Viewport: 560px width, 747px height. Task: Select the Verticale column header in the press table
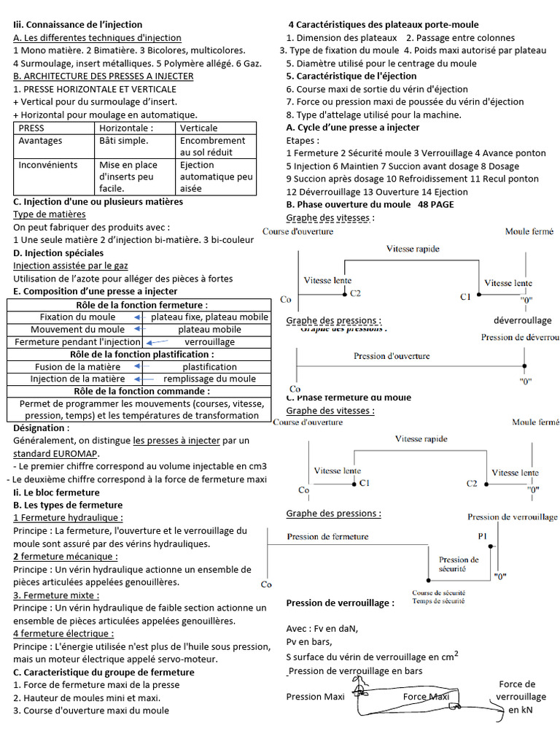[198, 128]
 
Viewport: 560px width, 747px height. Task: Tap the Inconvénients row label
[45, 165]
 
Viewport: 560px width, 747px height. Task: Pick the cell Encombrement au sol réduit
[212, 146]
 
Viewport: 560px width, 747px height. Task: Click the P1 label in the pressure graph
[483, 535]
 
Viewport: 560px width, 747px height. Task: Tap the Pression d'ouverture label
[392, 356]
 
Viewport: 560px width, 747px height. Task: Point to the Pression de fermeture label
[327, 536]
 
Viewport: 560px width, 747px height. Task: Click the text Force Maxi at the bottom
[426, 696]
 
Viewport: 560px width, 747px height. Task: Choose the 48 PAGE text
[436, 204]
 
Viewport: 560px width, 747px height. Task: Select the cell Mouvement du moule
[67, 329]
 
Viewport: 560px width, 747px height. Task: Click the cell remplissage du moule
[209, 379]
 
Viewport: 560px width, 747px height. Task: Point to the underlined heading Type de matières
[49, 214]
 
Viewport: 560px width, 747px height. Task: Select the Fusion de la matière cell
[67, 366]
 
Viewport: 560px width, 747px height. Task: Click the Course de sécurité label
[438, 593]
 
